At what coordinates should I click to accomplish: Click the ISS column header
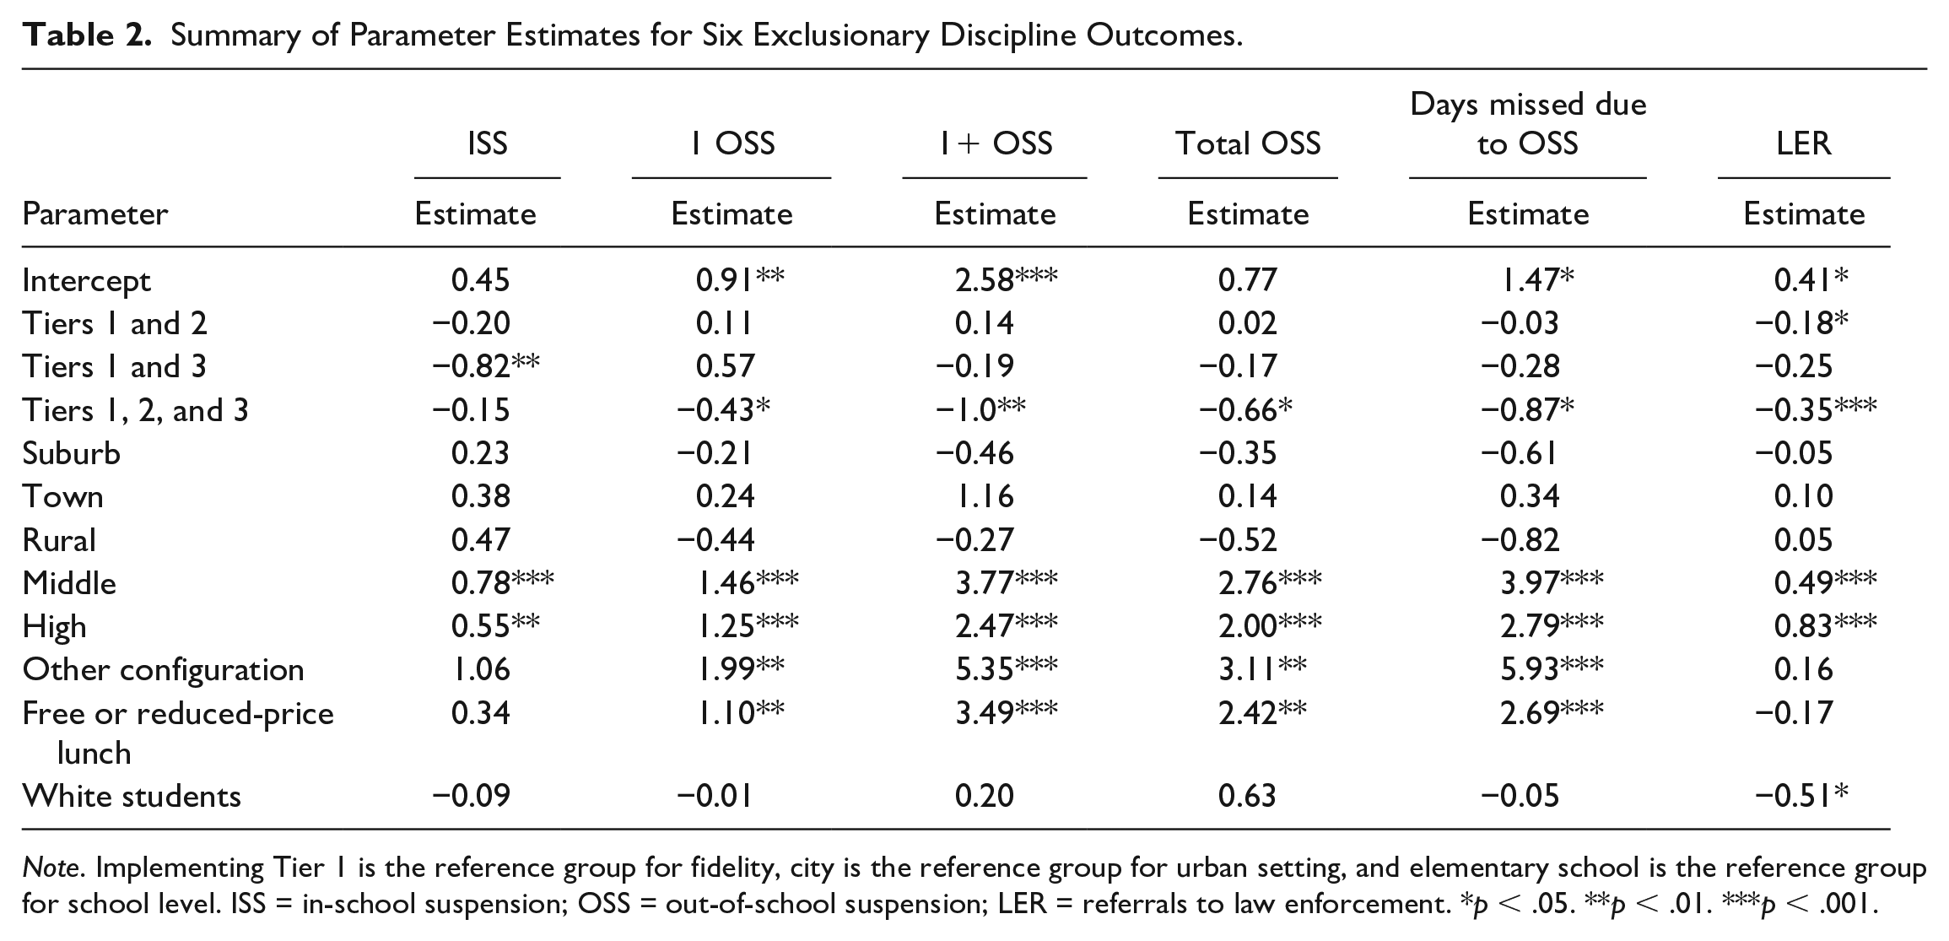coord(487,143)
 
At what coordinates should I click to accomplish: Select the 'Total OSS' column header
coord(1248,143)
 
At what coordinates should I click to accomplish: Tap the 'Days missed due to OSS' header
coord(1528,124)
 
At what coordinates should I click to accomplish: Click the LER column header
coord(1804,143)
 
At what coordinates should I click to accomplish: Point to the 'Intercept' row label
coord(87,281)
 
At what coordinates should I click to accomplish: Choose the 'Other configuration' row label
coord(164,670)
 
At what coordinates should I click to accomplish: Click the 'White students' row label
coord(132,797)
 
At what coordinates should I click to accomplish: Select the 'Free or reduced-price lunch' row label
coord(178,733)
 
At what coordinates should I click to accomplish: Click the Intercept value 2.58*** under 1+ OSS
coord(1006,279)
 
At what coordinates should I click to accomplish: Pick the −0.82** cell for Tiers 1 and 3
coord(486,366)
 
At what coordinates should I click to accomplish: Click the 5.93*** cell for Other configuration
coord(1552,669)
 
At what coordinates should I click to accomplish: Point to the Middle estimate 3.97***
coord(1552,582)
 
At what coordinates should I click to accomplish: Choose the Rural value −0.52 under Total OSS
coord(1238,539)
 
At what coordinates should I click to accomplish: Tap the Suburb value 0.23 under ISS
coord(481,453)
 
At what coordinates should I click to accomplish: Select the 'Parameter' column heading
coord(95,214)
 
